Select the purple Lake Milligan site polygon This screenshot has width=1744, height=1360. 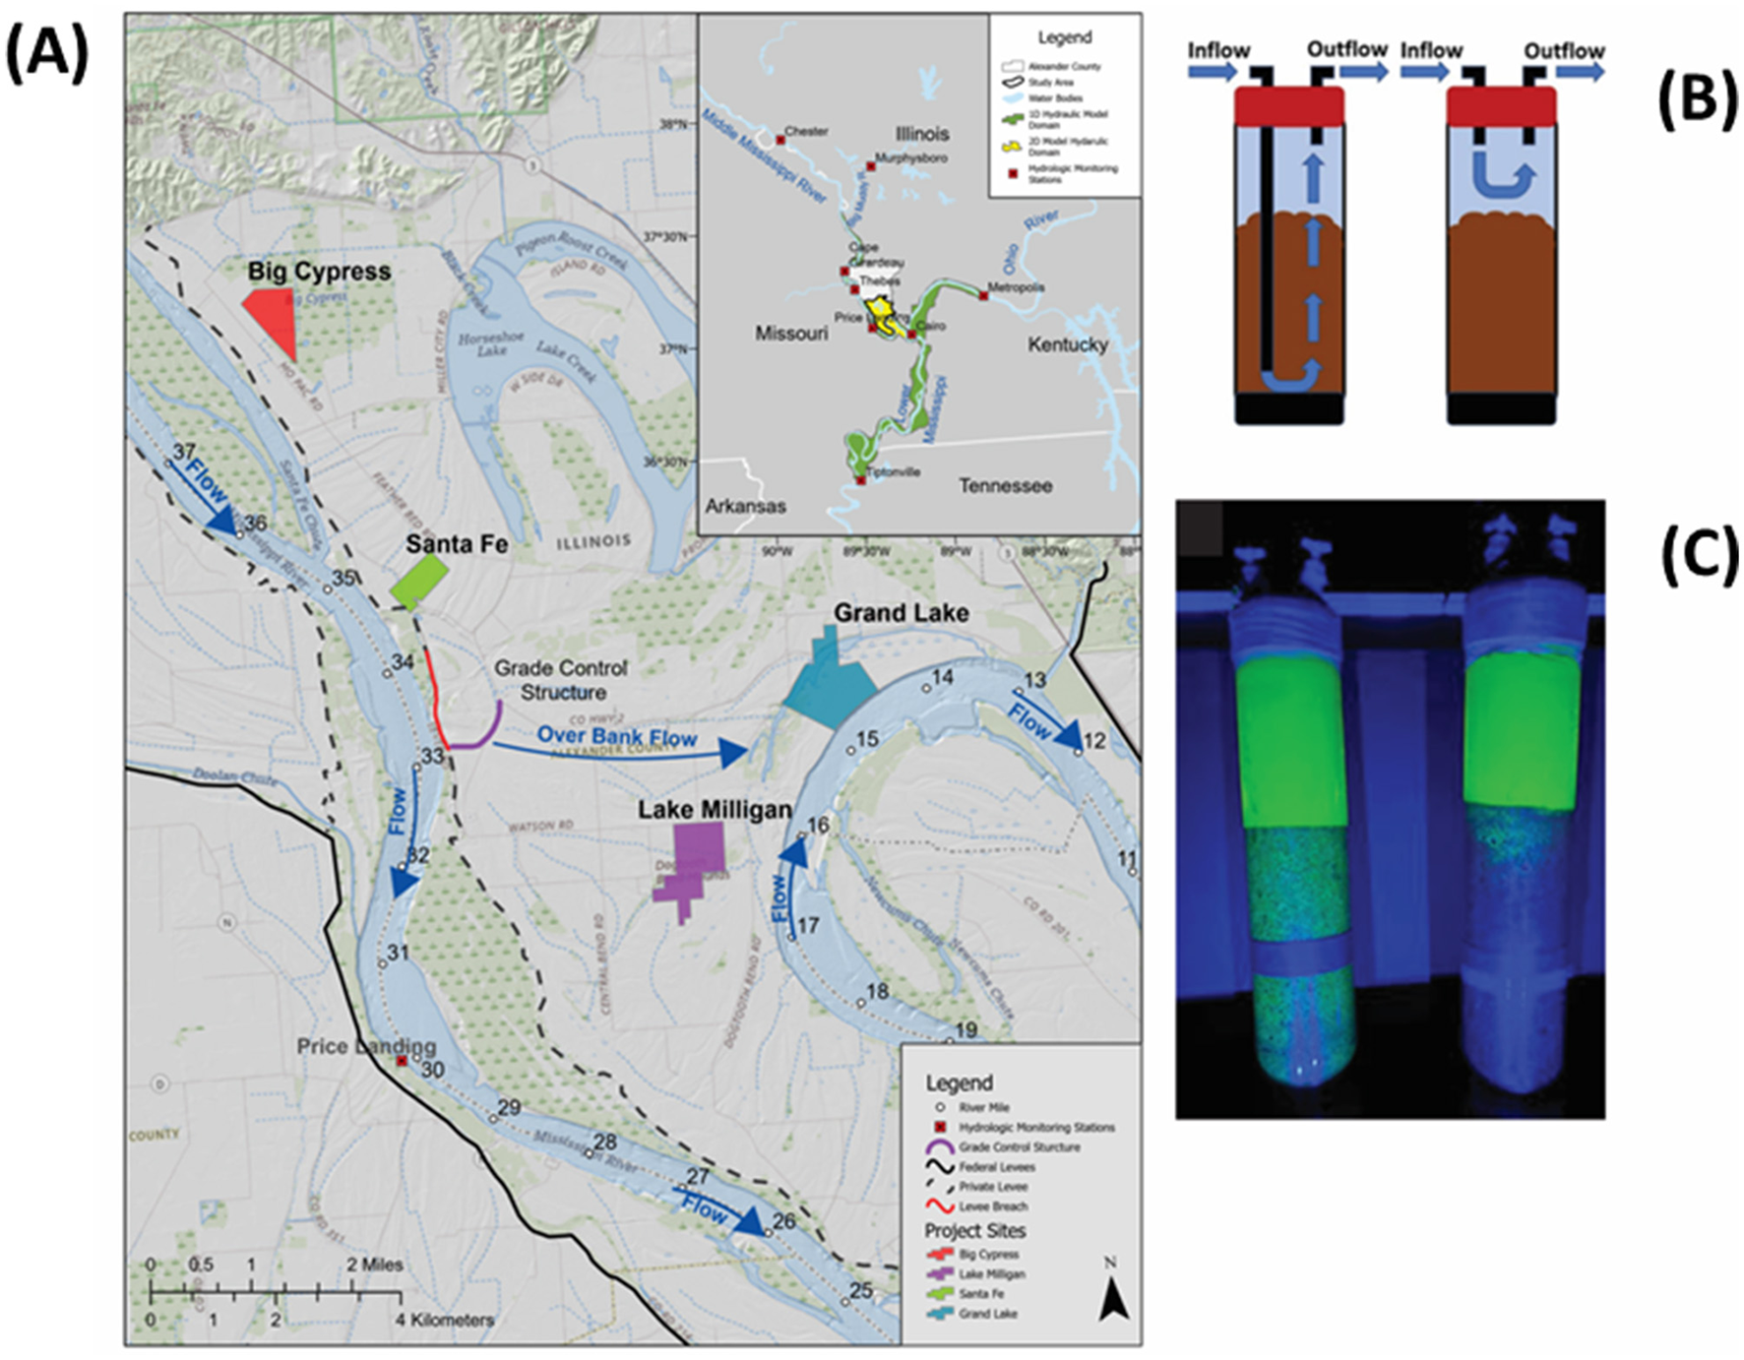(x=694, y=866)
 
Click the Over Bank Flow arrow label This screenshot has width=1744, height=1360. (x=616, y=736)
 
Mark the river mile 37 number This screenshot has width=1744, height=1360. (x=184, y=452)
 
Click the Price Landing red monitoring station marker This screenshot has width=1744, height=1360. (x=402, y=1061)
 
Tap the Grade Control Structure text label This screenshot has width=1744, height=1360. (x=561, y=680)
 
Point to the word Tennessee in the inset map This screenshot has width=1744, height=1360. (x=1005, y=485)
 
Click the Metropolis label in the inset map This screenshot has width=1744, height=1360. (x=1016, y=287)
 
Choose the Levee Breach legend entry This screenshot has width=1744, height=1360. (x=993, y=1206)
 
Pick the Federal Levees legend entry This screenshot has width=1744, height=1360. (x=996, y=1167)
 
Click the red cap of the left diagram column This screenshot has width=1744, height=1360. (x=1289, y=106)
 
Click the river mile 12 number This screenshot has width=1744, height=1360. (x=1094, y=740)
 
